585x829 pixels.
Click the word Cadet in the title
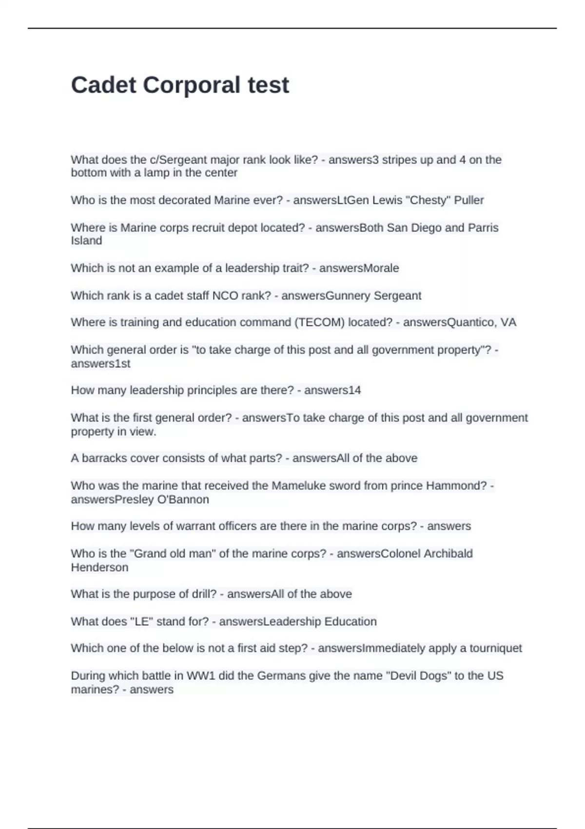click(103, 85)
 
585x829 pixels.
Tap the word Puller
click(469, 200)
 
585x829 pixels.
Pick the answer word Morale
click(379, 268)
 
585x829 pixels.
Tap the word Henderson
click(99, 567)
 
